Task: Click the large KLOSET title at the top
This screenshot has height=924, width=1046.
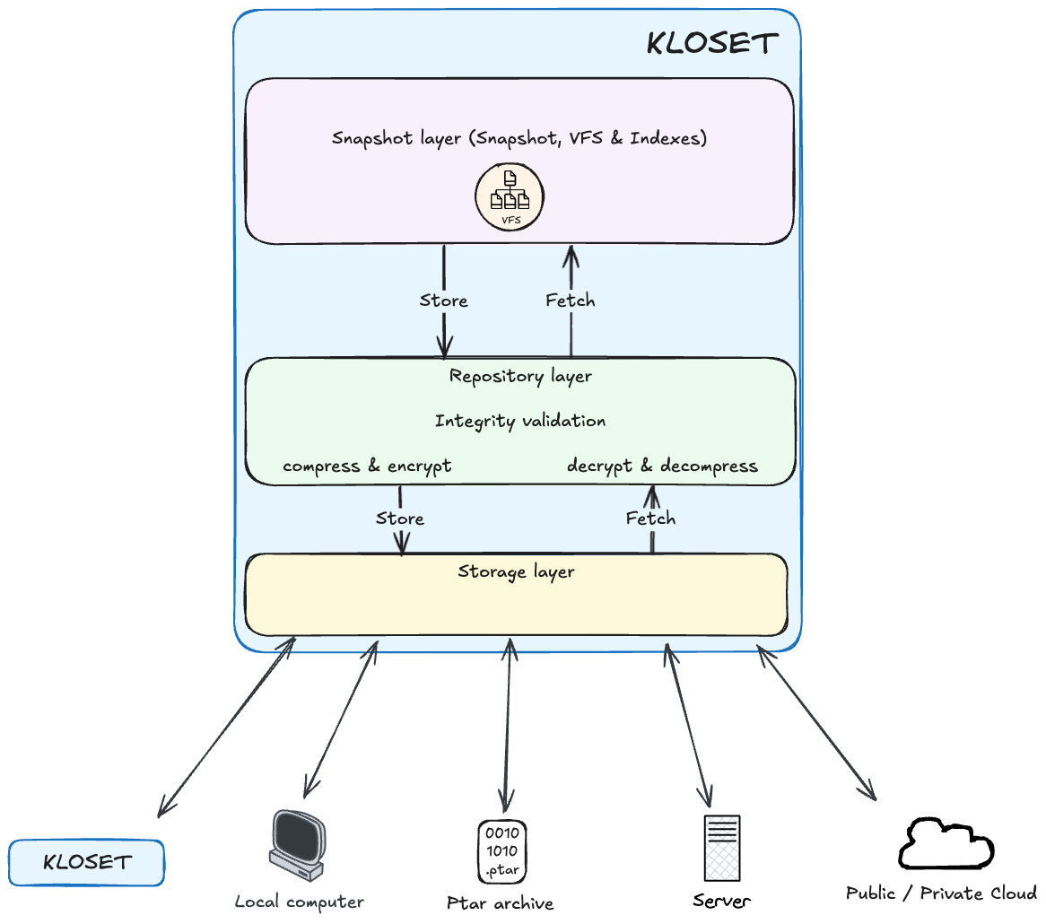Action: tap(712, 44)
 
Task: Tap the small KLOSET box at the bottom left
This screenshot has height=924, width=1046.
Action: tap(87, 863)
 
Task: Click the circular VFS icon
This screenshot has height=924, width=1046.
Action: tap(510, 196)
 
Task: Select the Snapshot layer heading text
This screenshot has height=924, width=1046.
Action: tap(519, 138)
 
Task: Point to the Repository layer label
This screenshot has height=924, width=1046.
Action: tap(520, 376)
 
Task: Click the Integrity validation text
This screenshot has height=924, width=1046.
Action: tap(520, 421)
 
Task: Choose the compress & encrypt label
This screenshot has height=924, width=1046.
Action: tap(367, 466)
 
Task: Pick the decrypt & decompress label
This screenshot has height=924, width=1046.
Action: tap(662, 466)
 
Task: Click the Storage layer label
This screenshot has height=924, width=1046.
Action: tap(516, 571)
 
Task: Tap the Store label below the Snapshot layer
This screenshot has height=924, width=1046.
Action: tap(443, 301)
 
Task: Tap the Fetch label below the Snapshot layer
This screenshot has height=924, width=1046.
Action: tap(571, 301)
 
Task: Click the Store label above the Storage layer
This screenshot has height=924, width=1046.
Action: tap(399, 519)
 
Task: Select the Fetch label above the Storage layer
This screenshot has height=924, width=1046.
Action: tap(651, 519)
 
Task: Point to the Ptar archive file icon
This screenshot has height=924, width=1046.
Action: tap(502, 850)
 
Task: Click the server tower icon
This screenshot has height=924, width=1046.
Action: tap(722, 848)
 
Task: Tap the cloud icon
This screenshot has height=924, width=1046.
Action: tap(946, 843)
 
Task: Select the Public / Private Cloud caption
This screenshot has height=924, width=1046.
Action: tap(941, 893)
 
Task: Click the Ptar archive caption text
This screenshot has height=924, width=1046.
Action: tap(501, 903)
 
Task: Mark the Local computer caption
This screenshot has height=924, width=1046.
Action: tap(300, 902)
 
